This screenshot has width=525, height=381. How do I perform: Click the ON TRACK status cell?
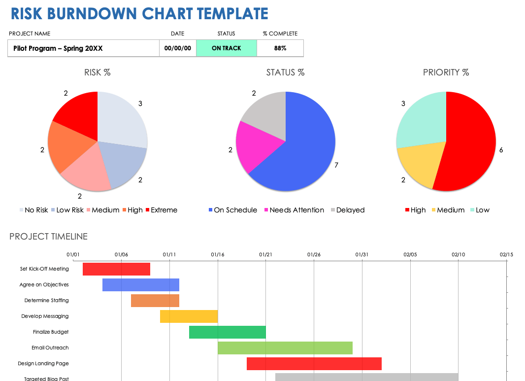coord(226,48)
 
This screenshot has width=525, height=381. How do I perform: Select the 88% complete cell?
coord(280,48)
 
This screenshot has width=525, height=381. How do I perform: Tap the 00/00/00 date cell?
coord(177,48)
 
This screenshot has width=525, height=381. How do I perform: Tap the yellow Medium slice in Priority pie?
coord(416,163)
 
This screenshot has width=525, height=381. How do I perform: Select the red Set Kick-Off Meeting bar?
coord(116,269)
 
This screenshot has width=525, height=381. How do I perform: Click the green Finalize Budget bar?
coord(227,332)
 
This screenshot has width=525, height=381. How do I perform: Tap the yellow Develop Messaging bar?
coord(189,316)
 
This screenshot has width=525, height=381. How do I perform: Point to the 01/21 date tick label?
coord(265,254)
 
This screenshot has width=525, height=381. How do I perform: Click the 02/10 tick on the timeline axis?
coord(458,254)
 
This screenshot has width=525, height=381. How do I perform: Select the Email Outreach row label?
coord(50,348)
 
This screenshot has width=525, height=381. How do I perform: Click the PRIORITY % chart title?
coord(446,72)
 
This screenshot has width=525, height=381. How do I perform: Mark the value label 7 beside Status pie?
coord(336,165)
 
